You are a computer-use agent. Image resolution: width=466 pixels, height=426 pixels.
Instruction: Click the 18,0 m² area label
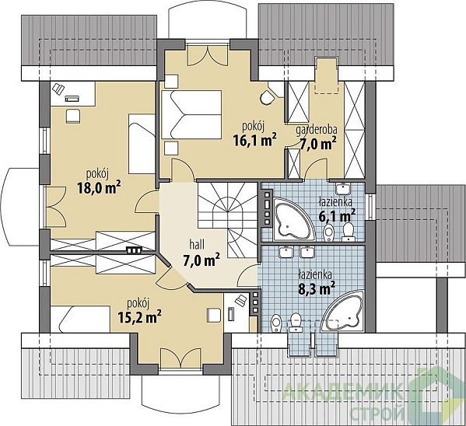coord(99,188)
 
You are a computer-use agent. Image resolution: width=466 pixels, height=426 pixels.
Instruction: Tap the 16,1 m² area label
coord(254,140)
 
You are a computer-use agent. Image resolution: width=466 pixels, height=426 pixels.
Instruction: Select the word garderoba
coord(317,130)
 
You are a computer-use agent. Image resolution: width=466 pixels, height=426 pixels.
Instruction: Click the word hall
coord(197,245)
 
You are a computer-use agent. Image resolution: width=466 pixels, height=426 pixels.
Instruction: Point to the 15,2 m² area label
coord(139,317)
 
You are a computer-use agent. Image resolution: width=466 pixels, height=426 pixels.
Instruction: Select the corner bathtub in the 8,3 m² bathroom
coord(344,311)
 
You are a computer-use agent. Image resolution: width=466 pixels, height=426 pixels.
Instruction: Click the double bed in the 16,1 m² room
coord(191,115)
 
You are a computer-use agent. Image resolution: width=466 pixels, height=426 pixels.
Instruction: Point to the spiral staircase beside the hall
coord(228,220)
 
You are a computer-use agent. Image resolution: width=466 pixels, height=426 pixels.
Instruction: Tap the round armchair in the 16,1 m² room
coord(268,97)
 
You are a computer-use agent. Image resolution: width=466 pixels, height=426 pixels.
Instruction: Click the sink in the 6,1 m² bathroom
coord(344,188)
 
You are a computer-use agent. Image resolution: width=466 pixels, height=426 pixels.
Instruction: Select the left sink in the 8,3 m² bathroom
coord(286,252)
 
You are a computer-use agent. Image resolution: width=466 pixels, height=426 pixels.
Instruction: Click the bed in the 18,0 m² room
coord(142,144)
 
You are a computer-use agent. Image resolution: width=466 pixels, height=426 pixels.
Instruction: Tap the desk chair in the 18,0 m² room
coord(73,116)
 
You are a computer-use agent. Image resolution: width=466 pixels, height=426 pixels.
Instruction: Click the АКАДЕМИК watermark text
coord(342,392)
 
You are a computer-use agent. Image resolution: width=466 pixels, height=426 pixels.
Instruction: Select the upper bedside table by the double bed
coord(171,82)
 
